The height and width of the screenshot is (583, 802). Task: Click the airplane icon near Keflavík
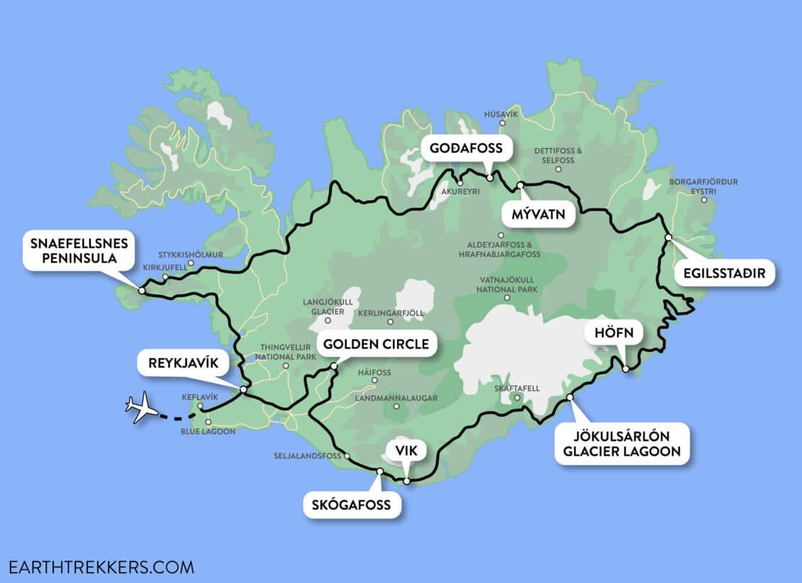(142, 407)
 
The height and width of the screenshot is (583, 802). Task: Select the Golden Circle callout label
(376, 345)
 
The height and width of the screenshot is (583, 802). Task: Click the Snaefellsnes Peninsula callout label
(79, 251)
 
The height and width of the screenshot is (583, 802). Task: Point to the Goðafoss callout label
(466, 149)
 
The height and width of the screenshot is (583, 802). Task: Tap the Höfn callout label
(608, 332)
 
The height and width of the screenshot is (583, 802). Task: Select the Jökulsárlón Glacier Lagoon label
(622, 444)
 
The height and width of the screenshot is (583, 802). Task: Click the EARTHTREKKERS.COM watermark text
(101, 567)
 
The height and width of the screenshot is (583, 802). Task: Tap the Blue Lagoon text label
(207, 432)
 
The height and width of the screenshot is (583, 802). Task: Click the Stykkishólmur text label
(190, 254)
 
